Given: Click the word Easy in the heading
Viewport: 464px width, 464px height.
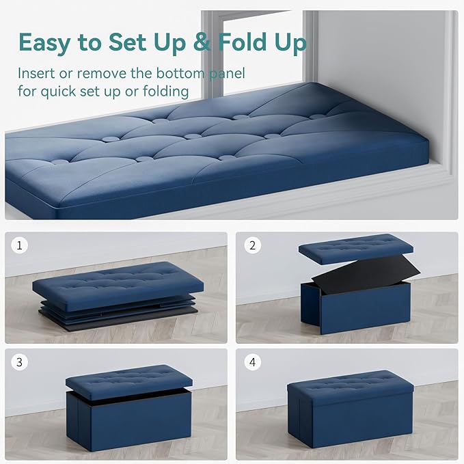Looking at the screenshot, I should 44,42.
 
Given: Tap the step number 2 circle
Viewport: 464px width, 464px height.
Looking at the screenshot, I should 254,244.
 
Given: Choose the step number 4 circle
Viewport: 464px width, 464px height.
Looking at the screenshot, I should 254,361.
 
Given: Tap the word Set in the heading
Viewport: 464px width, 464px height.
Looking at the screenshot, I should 127,42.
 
